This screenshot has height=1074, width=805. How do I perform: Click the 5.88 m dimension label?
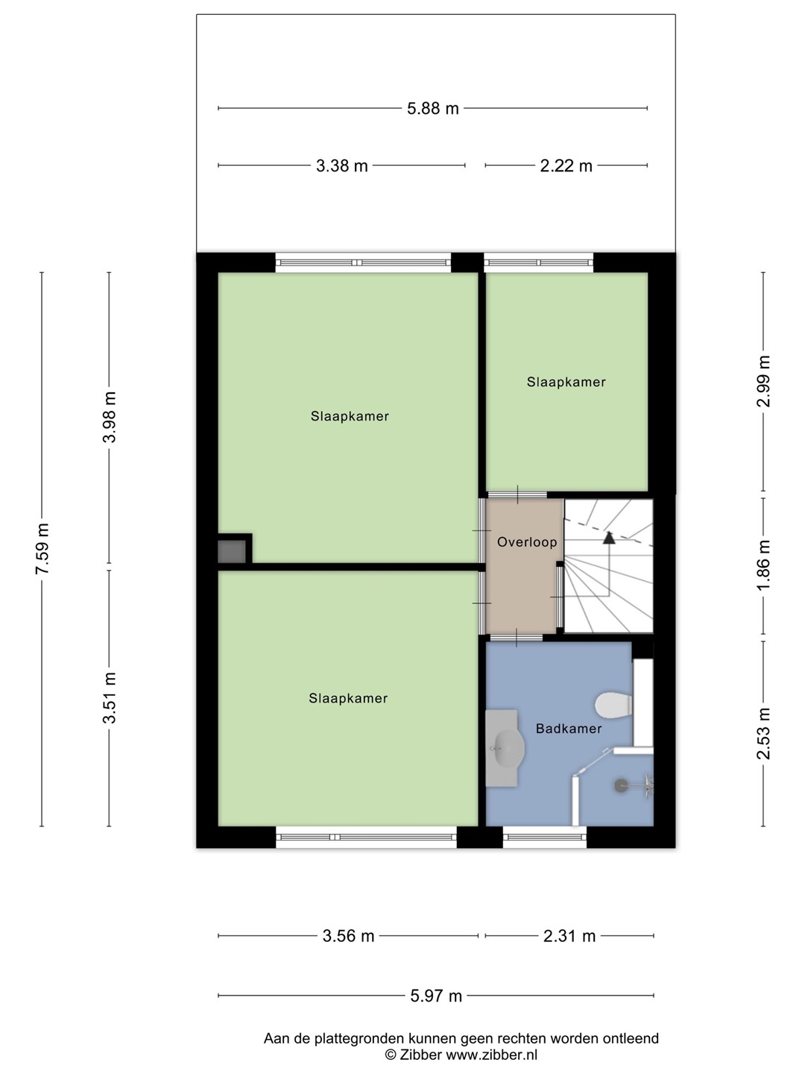(x=432, y=108)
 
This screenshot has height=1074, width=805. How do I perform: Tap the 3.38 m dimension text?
(x=341, y=166)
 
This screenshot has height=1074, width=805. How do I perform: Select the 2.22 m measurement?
(x=566, y=166)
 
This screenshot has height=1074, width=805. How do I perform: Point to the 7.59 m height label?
(x=42, y=548)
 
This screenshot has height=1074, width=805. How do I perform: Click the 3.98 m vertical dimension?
(x=109, y=417)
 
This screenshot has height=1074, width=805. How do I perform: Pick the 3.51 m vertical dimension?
(x=109, y=697)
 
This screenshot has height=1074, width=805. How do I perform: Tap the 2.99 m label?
(x=763, y=381)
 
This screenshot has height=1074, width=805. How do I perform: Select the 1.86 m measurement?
(x=763, y=565)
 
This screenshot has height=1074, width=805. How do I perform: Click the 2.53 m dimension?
(x=763, y=733)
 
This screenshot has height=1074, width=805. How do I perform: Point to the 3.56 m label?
(x=348, y=936)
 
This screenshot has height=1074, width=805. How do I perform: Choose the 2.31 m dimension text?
(x=569, y=936)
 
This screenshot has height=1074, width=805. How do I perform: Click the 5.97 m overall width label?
(x=436, y=996)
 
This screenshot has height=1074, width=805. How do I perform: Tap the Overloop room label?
(x=527, y=542)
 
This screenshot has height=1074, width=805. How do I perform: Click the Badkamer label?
(x=569, y=729)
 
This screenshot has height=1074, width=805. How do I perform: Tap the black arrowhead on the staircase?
(x=608, y=538)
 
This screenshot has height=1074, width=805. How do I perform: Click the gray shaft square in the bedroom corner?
(x=232, y=551)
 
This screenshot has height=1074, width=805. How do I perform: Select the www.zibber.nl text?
(x=492, y=1055)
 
